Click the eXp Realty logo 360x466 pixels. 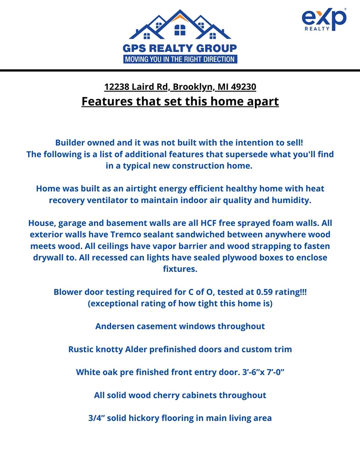[x=324, y=19]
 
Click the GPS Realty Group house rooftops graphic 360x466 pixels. [x=180, y=25]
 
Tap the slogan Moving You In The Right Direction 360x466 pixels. [x=180, y=59]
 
